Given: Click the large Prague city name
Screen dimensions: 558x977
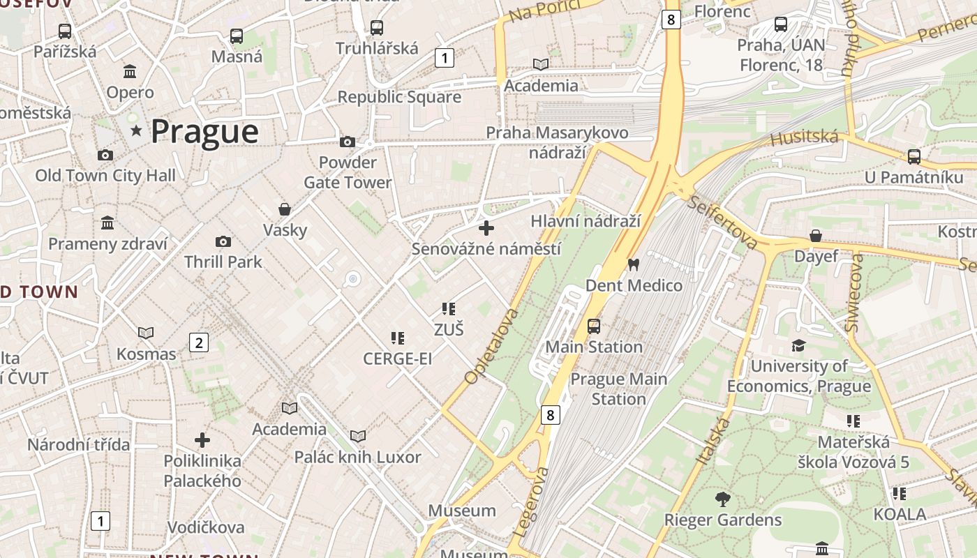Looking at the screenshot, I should [204, 132].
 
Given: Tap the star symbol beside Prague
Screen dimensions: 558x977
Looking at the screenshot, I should [135, 131].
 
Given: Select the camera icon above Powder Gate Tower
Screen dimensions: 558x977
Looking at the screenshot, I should [347, 142].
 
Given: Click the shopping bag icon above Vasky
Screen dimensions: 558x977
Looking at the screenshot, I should [285, 209].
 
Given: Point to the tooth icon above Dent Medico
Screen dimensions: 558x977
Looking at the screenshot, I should [634, 264].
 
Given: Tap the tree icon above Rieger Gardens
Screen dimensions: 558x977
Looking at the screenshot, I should [722, 499].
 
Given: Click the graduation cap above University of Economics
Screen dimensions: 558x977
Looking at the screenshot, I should [798, 345].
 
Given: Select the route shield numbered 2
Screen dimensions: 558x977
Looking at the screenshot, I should [199, 342].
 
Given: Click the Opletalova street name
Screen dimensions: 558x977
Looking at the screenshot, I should [493, 347].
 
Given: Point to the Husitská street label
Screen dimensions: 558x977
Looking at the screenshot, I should [804, 137].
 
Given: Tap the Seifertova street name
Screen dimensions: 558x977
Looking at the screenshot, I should [722, 222].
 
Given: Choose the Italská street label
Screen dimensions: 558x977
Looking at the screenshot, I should [713, 442].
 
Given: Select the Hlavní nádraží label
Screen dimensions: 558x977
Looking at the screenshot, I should [586, 221].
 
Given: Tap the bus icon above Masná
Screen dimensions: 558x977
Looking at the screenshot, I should [237, 36].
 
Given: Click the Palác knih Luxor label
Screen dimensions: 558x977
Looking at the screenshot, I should [357, 458].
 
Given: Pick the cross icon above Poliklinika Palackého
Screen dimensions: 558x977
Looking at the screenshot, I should [202, 440].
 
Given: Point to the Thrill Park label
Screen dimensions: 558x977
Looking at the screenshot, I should [223, 262].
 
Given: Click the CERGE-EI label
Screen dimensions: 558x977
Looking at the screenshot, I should [397, 359].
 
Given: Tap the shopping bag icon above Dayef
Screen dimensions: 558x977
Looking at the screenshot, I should [815, 236].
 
